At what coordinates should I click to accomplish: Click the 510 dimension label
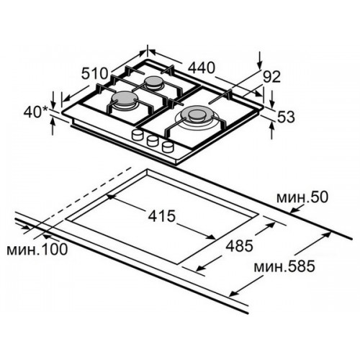pyautogui.click(x=94, y=73)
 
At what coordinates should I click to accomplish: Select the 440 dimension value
pyautogui.click(x=201, y=68)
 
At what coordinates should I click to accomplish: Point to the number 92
pyautogui.click(x=271, y=77)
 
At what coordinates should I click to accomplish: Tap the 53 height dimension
pyautogui.click(x=286, y=117)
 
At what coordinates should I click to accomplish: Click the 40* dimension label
pyautogui.click(x=33, y=112)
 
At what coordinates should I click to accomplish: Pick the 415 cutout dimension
pyautogui.click(x=162, y=216)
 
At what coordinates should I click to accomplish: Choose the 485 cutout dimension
pyautogui.click(x=240, y=246)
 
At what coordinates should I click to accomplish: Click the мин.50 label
pyautogui.click(x=302, y=197)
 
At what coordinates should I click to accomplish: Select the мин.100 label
pyautogui.click(x=37, y=249)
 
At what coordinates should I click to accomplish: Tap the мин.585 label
pyautogui.click(x=284, y=266)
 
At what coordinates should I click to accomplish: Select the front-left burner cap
pyautogui.click(x=122, y=98)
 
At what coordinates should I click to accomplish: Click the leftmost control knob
pyautogui.click(x=138, y=135)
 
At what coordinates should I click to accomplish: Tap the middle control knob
pyautogui.click(x=153, y=140)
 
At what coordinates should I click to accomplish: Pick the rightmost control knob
pyautogui.click(x=168, y=146)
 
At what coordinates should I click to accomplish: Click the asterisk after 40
pyautogui.click(x=45, y=109)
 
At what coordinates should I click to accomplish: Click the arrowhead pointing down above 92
pyautogui.click(x=259, y=65)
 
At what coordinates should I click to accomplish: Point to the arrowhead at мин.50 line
pyautogui.click(x=294, y=210)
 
